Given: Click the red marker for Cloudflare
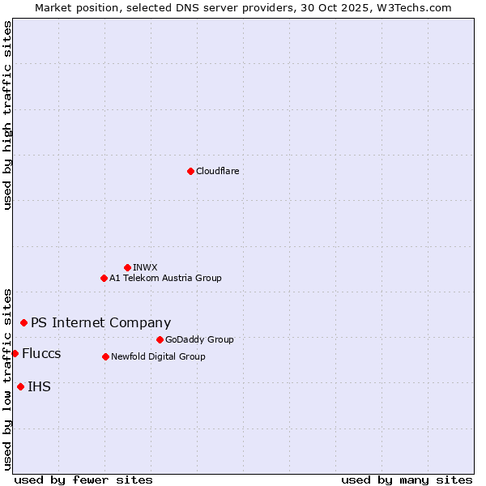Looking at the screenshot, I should (x=190, y=171).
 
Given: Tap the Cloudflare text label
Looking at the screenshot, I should (x=217, y=171).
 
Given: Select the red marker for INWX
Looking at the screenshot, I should (x=127, y=267).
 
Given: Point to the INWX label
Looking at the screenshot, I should (x=145, y=267).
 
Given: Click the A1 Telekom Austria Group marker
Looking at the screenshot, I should (x=104, y=278).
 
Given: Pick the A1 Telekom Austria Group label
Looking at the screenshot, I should (x=165, y=278).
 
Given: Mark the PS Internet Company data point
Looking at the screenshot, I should (x=23, y=322).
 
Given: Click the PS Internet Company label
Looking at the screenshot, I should (x=100, y=322).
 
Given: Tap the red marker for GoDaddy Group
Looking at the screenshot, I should (x=160, y=339).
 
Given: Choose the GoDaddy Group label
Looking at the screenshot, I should (x=199, y=339).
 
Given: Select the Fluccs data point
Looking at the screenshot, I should (x=15, y=353).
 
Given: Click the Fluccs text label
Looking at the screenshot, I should (x=41, y=354).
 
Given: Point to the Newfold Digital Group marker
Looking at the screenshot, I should (x=105, y=356).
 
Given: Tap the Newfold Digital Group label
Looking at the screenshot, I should (x=158, y=356).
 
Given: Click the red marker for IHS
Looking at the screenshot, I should (x=20, y=386).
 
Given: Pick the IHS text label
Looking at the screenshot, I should (x=39, y=387).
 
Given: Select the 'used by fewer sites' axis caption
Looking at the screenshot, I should (x=83, y=480).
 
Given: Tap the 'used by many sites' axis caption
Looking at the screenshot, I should (x=407, y=480).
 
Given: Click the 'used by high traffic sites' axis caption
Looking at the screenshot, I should (x=7, y=115).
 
